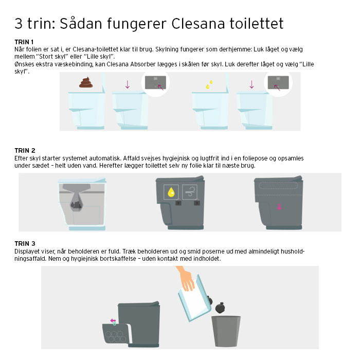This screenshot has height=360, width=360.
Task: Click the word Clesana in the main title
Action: [x=198, y=24]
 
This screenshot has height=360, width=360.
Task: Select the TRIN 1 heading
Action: [x=24, y=42]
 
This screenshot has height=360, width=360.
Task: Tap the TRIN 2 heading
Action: [x=25, y=151]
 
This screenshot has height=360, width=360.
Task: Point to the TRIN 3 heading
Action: [x=25, y=244]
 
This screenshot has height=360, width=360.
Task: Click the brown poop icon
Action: [x=86, y=82]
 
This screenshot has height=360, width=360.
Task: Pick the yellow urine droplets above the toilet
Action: [x=209, y=84]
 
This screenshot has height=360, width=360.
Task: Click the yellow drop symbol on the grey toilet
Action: [x=171, y=192]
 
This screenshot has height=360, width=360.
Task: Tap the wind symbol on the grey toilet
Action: [x=190, y=192]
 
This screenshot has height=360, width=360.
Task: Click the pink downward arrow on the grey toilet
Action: [x=279, y=207]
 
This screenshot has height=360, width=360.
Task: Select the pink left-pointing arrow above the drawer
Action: [x=113, y=320]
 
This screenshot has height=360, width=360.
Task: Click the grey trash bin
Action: [x=226, y=331]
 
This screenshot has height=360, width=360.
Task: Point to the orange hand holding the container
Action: [x=186, y=279]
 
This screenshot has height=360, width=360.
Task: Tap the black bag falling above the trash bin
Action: [x=220, y=308]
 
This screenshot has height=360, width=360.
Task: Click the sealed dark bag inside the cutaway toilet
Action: [x=77, y=205]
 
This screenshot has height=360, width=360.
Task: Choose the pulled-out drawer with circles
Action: [x=116, y=333]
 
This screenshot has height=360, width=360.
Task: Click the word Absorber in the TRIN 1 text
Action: [x=143, y=64]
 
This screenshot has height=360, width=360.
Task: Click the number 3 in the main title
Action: [x=19, y=24]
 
